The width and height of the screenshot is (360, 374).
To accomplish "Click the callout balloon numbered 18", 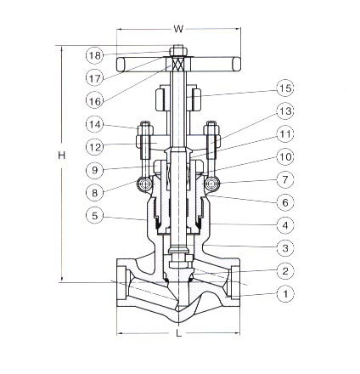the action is coord(95,55).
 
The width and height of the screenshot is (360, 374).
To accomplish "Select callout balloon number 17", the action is coord(95,78).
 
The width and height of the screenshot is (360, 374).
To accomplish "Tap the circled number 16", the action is coord(95,101).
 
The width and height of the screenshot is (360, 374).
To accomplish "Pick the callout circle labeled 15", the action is coord(285,88).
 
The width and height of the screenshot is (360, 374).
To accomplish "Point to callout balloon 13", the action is coord(285,111).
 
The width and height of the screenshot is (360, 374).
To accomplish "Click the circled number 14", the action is coord(95,124).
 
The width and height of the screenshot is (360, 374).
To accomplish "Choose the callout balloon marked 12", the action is coord(95,147).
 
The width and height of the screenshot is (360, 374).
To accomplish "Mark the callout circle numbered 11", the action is coord(285,134).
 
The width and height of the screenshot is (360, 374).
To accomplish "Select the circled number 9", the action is coord(95,170).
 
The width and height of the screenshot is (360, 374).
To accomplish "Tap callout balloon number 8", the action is coord(95,193).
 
